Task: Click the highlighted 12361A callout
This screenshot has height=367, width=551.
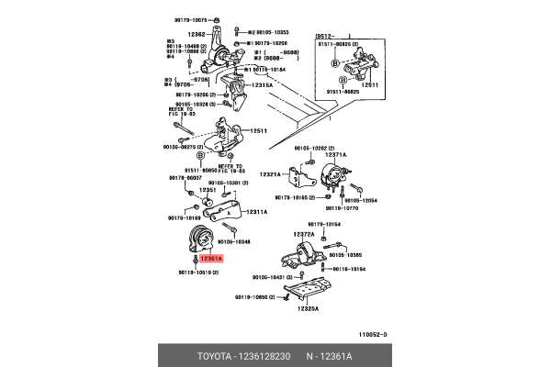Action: (x=211, y=260)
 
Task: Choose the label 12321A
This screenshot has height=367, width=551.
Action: (x=270, y=174)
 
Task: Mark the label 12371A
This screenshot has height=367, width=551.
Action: (x=335, y=155)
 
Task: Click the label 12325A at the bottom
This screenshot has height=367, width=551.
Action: (x=307, y=309)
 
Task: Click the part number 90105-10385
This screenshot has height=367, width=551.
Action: (x=345, y=254)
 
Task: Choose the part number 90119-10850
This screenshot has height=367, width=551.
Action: (x=256, y=298)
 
